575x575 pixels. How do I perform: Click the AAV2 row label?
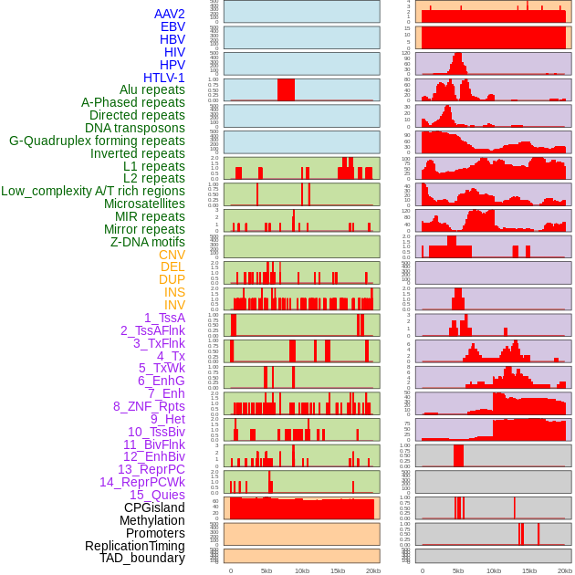[x=169, y=14]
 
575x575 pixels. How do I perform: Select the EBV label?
[x=172, y=26]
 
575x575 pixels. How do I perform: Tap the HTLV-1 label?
[x=163, y=78]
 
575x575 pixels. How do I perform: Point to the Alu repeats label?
[x=152, y=89]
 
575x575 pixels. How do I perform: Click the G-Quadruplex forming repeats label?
[x=97, y=141]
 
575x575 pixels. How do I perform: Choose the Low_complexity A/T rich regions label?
[x=93, y=191]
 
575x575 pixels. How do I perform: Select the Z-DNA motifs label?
[x=147, y=242]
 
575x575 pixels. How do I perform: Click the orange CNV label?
[x=172, y=255]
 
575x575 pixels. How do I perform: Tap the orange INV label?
[x=174, y=305]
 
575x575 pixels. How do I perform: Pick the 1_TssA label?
[x=164, y=318]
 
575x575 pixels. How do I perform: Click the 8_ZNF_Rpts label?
[x=149, y=406]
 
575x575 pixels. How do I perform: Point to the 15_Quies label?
[x=155, y=495]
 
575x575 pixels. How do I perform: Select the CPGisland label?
[x=154, y=507]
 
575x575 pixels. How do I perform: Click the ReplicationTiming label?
[x=134, y=546]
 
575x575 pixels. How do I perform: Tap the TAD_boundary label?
[x=142, y=558]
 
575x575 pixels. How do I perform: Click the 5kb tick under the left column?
[x=267, y=570]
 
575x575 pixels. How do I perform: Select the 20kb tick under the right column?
[x=565, y=570]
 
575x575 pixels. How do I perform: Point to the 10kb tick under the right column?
[x=494, y=570]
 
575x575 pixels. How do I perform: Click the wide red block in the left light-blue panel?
[x=286, y=89]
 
